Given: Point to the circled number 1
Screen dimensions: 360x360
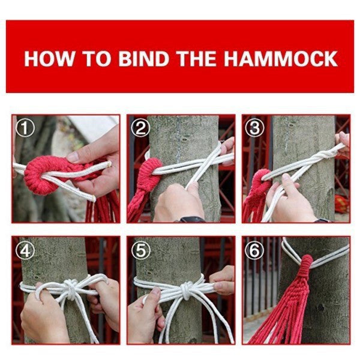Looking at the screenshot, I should click(22, 128).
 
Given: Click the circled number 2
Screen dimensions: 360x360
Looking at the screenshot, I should click(141, 128).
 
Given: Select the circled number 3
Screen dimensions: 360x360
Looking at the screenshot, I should click(254, 128).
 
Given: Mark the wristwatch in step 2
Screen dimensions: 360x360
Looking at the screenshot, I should click(190, 219).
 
